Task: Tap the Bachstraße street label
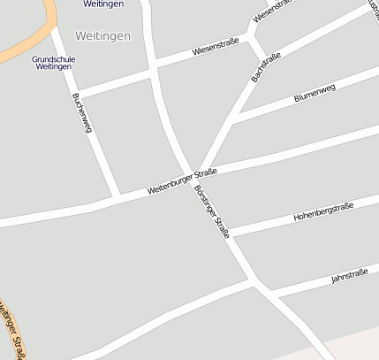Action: (x=266, y=67)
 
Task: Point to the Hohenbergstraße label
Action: (x=323, y=211)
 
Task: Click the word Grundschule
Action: (x=53, y=59)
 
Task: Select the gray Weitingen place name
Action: (x=103, y=36)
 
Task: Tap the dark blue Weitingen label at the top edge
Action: (x=103, y=4)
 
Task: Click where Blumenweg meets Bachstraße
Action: (x=235, y=119)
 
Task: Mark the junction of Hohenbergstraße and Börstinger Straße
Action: (x=228, y=234)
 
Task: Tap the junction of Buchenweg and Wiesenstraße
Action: (x=78, y=91)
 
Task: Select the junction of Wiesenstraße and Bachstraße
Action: (x=253, y=41)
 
